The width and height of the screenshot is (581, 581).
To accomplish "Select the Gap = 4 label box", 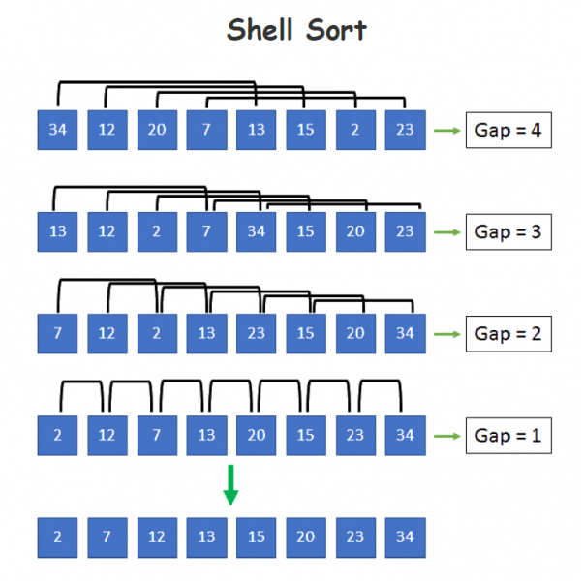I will point(508,130).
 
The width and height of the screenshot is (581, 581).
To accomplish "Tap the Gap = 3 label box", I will point(508,232).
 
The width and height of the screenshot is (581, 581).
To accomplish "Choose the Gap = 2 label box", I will point(508,334).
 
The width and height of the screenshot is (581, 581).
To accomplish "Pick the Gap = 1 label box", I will point(508,435).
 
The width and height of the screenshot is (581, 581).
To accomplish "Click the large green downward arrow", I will point(230,485).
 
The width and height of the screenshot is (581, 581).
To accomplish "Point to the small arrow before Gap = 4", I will point(446,131).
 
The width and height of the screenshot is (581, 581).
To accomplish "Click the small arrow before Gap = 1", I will point(446,435).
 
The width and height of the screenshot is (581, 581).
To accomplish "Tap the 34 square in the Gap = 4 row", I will point(57,131).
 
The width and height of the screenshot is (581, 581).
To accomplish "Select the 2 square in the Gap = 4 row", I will point(354,131).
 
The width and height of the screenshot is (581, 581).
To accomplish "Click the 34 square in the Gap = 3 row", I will point(256,232).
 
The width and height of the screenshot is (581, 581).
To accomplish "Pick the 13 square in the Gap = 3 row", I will point(57,232).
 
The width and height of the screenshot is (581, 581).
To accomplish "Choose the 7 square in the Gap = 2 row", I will point(57,334).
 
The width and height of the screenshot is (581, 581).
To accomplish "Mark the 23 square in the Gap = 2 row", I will point(256,334).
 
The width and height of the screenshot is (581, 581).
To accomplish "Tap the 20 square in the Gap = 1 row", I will point(256,435).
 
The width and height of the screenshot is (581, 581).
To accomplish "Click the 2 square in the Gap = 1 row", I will point(57,435).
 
